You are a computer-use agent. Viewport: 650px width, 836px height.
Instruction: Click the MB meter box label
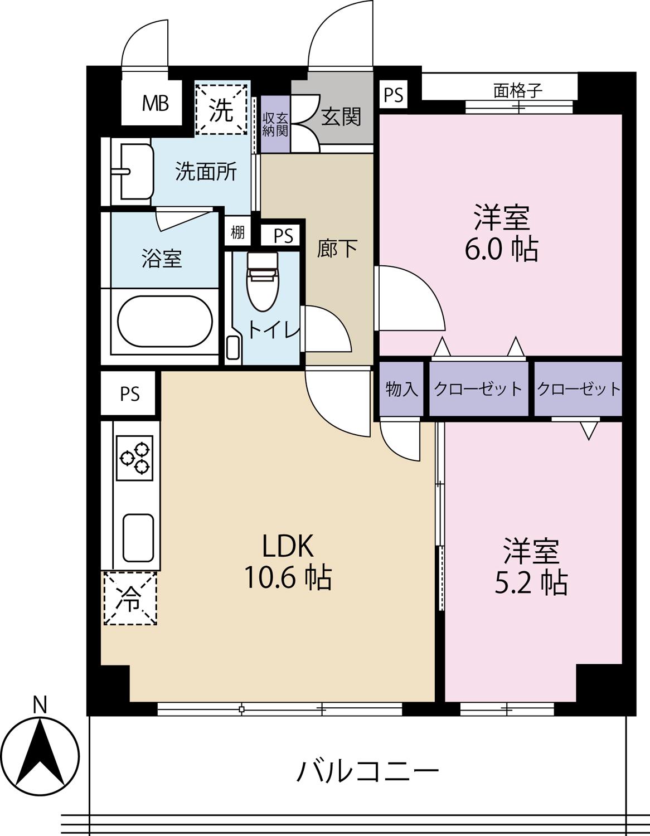pyautogui.click(x=156, y=103)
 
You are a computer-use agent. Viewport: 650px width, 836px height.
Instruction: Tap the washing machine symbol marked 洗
pyautogui.click(x=221, y=109)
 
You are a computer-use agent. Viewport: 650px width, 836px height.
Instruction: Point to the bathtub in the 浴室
pyautogui.click(x=164, y=321)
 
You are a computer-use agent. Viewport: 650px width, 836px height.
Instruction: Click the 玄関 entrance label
pyautogui.click(x=341, y=116)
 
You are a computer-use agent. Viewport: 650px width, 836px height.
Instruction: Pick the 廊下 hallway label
pyautogui.click(x=337, y=249)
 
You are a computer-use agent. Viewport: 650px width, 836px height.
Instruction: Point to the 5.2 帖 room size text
pyautogui.click(x=531, y=582)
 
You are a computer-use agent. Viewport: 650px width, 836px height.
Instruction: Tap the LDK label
pyautogui.click(x=288, y=546)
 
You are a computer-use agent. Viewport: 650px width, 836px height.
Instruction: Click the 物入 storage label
pyautogui.click(x=401, y=390)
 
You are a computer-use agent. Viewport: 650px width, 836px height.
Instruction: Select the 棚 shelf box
pyautogui.click(x=237, y=232)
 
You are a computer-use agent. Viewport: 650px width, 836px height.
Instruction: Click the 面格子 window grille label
pyautogui.click(x=518, y=91)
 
